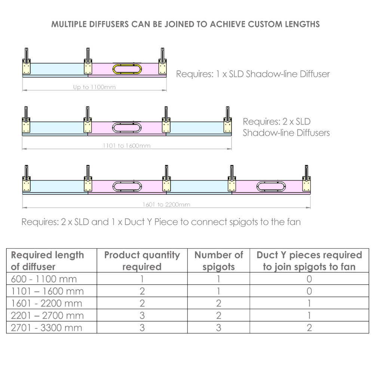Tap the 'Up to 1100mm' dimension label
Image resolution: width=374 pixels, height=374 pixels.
95,87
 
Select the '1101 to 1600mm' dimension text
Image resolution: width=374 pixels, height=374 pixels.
127,146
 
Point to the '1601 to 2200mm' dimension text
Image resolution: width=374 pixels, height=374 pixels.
166,205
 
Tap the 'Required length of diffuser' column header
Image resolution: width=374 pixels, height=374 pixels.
47,261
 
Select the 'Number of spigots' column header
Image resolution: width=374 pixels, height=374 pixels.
219,261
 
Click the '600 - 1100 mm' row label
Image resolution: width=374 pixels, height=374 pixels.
44,279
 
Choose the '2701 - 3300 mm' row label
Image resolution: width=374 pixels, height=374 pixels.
46,328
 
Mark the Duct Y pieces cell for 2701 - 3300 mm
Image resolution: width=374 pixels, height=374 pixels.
309,328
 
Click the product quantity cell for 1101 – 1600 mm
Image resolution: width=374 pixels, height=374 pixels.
142,291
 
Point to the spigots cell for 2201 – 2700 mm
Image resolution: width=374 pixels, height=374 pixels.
219,316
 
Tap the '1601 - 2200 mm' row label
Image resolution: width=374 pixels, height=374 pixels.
46,303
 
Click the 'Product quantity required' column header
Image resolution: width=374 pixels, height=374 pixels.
142,261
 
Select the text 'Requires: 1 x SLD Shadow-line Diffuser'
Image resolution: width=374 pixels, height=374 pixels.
253,74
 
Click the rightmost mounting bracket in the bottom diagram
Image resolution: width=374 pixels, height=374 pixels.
307,178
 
